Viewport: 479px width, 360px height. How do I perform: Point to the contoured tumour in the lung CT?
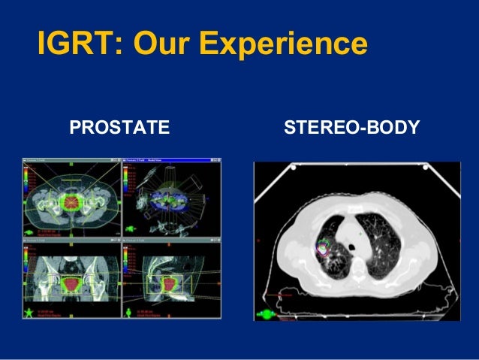(x=323, y=247)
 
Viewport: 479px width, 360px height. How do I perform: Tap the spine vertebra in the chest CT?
(x=357, y=272)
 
